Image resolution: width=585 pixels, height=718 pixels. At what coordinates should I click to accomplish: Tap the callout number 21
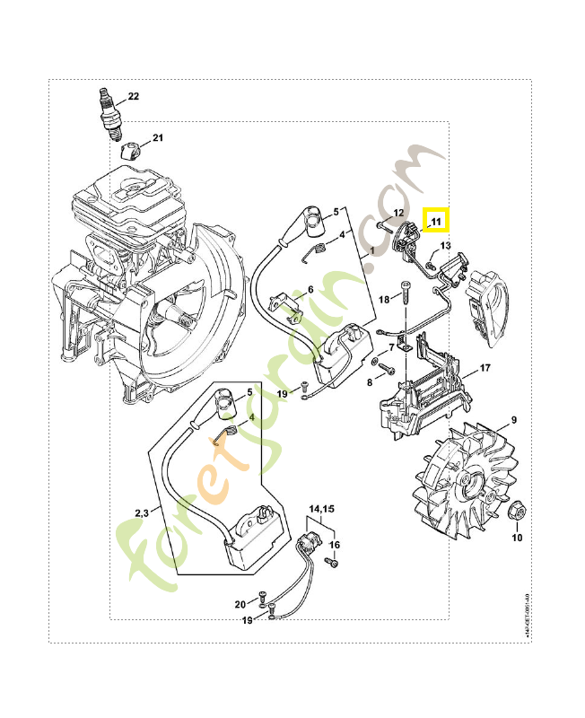pos(158,138)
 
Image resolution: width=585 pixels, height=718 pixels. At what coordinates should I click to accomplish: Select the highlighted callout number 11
pos(436,220)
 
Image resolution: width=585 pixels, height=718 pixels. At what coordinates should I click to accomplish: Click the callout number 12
pos(399,212)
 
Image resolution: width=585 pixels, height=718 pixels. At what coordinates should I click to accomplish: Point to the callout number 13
pos(445,245)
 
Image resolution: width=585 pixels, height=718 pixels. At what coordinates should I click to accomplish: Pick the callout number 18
pos(383,299)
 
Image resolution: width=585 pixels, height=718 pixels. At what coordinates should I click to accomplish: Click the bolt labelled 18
pos(403,295)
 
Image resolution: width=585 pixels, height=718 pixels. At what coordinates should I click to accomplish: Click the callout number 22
pos(134,96)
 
